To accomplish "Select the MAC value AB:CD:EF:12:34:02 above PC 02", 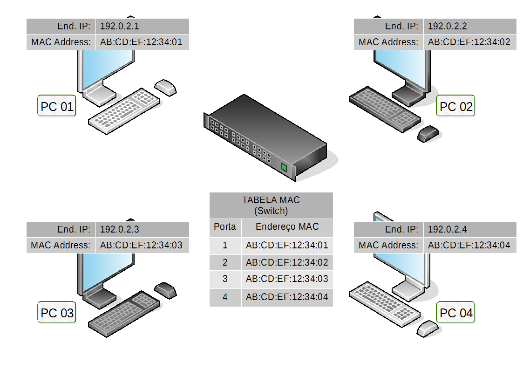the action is tap(469, 42).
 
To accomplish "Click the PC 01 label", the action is tap(57, 107).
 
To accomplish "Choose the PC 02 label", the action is tap(456, 107).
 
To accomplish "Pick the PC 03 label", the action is tap(57, 313).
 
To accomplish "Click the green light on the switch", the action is tap(284, 167).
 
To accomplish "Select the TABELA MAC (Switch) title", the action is tap(271, 205).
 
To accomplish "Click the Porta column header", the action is tap(225, 227).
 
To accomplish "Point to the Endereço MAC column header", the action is tap(287, 227).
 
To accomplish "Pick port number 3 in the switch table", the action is tap(225, 279).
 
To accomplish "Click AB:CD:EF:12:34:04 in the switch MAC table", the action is tap(287, 296).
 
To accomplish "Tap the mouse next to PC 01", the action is tap(166, 87).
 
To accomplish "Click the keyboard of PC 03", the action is tap(124, 312).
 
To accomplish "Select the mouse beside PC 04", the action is tap(428, 328).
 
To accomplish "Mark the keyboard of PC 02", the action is tap(385, 109).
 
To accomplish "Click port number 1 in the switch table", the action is tap(225, 245).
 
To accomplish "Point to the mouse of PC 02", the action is tap(428, 133).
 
